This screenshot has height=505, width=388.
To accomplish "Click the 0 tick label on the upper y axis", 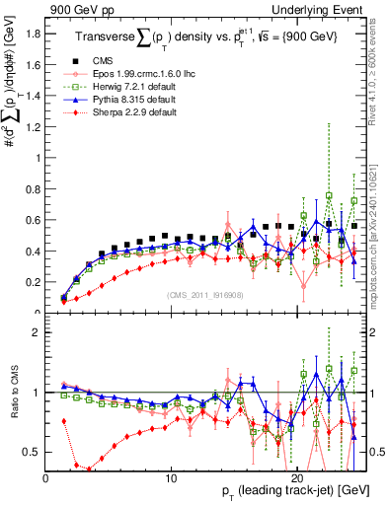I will [38, 313].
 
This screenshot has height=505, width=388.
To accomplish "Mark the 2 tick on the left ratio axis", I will [38, 332].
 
